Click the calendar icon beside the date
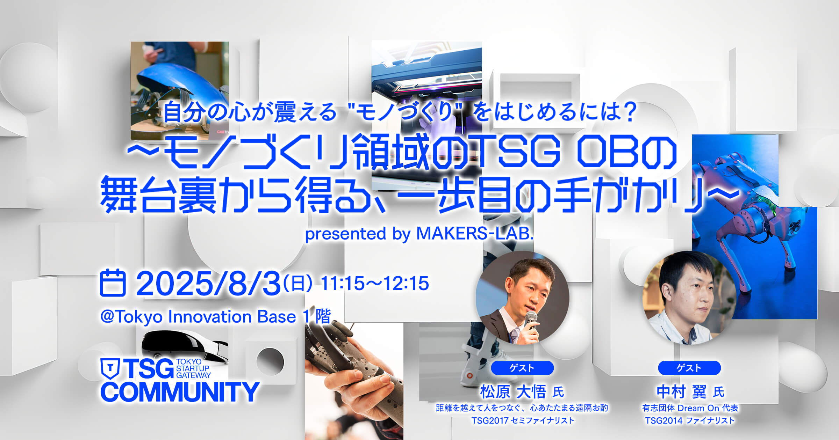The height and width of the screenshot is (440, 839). [x=113, y=283]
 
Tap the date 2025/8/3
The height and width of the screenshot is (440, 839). [x=209, y=283]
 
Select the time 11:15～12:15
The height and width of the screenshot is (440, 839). [x=375, y=283]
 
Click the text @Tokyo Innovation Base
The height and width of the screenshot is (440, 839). [x=198, y=317]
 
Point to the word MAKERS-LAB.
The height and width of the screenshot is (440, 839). [x=475, y=233]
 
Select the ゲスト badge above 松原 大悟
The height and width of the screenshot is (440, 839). [x=522, y=368]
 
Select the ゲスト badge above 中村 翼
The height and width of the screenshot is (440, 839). [x=689, y=368]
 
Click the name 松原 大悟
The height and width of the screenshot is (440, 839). [x=513, y=391]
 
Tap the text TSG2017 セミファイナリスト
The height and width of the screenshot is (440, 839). [x=523, y=420]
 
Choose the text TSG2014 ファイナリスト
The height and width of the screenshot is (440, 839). [x=690, y=420]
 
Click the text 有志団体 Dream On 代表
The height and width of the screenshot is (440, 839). [x=690, y=408]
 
